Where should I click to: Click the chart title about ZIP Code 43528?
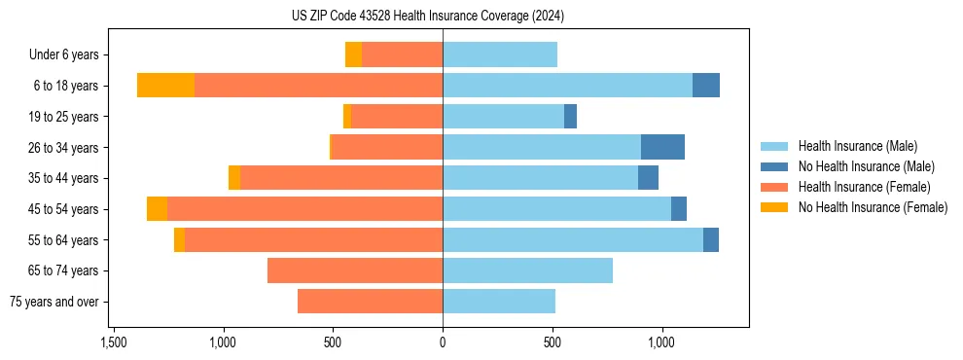[427, 16]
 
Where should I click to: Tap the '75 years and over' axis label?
[53, 302]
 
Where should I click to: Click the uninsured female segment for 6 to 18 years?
[165, 86]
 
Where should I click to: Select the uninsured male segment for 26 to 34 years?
[662, 147]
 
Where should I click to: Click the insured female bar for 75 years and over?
[370, 302]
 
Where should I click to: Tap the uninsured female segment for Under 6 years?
[353, 54]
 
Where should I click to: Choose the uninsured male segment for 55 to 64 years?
[711, 239]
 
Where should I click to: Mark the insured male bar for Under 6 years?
[500, 54]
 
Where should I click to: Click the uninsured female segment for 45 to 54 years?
[157, 209]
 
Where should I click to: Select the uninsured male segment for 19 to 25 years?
[570, 117]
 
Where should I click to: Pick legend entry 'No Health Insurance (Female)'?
[873, 207]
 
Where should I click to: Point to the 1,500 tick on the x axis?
[114, 342]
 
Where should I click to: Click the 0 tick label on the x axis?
[443, 342]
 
